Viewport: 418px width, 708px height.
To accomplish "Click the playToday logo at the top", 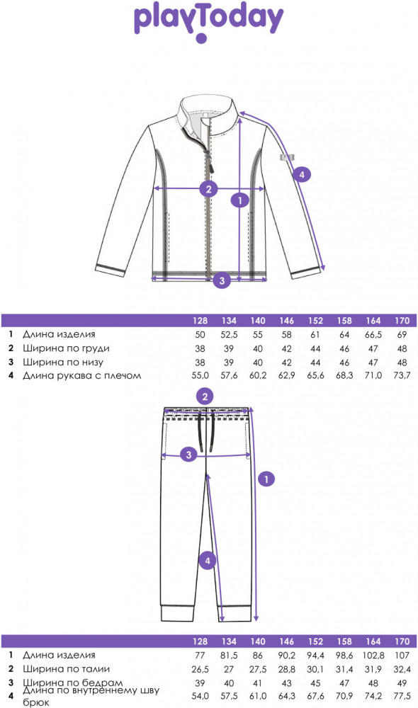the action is click(209, 23).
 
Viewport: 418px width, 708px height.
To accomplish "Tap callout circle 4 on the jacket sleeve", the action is click(302, 174).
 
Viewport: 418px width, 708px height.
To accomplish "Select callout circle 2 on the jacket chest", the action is click(209, 188).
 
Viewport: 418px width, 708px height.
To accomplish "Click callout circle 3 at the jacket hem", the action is click(222, 280).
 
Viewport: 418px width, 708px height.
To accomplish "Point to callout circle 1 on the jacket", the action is click(240, 199).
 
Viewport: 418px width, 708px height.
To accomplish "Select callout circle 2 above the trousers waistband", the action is click(205, 396).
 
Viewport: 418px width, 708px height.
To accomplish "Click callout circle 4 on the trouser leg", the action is click(208, 561).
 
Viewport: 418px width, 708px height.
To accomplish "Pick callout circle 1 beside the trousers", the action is click(266, 479).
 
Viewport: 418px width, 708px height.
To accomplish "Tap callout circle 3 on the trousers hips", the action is click(189, 455).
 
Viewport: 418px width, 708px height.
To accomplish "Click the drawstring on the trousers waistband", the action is click(206, 428).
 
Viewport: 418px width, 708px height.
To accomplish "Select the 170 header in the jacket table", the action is click(402, 321).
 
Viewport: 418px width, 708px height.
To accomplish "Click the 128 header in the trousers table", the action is click(200, 641).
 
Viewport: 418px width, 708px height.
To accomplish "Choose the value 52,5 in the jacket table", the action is click(229, 335).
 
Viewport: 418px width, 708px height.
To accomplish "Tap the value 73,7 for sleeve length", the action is click(402, 375).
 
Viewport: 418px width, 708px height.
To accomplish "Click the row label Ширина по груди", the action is click(66, 348).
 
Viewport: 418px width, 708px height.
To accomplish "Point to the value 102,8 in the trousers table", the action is click(373, 655).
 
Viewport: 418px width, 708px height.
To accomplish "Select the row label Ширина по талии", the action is click(66, 669).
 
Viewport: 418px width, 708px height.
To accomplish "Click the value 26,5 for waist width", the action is click(200, 669).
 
